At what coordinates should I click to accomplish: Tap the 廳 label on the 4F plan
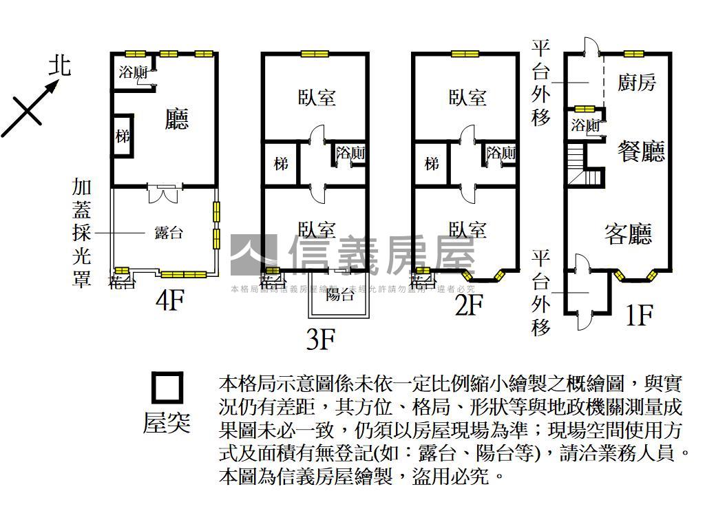point(177,121)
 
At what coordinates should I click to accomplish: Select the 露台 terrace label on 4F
point(169,233)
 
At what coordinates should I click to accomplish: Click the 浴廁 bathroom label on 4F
point(133,72)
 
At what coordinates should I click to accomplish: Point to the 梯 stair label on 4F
point(123,136)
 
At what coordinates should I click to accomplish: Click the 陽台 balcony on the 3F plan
point(339,295)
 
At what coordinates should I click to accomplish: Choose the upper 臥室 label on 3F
point(317,97)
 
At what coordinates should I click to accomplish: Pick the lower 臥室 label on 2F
point(467,229)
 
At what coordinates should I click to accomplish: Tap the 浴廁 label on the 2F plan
point(501,153)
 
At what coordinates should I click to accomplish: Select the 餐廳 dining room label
point(641,151)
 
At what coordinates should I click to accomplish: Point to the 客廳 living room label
point(628,235)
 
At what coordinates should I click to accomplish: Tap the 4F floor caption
point(169,301)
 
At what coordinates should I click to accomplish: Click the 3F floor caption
point(320,339)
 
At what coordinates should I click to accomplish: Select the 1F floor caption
point(638,315)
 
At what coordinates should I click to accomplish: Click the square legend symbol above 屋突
point(167,388)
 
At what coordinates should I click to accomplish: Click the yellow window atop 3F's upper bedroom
point(314,54)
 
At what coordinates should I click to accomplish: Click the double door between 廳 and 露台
point(164,193)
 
